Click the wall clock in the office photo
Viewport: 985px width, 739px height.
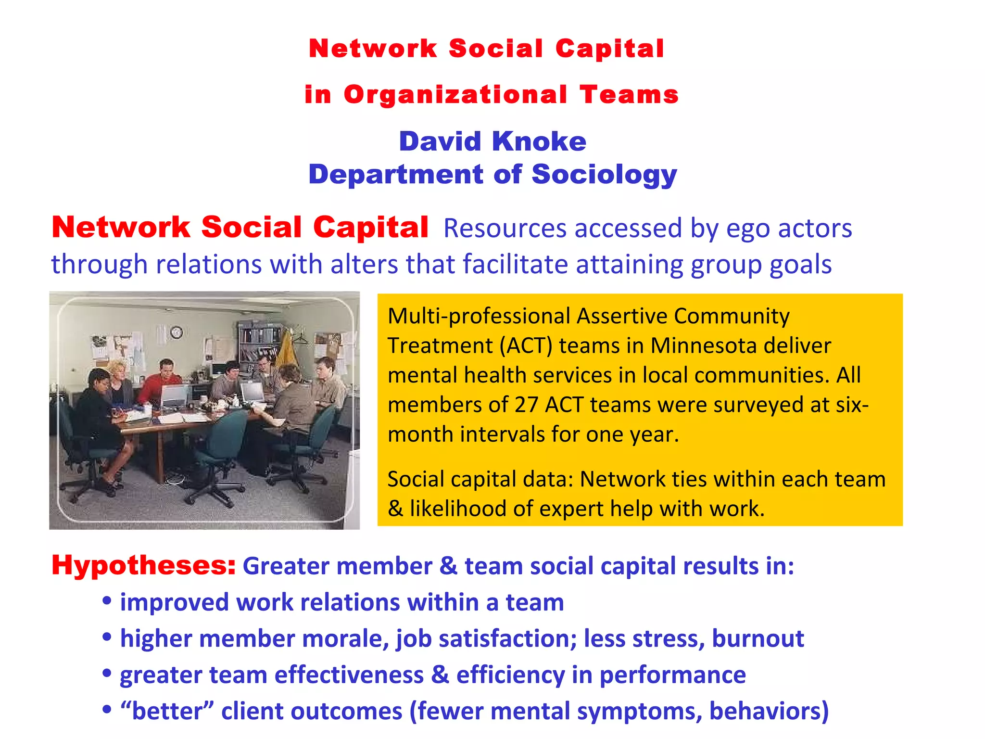pos(176,332)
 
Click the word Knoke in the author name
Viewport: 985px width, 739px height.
pos(539,141)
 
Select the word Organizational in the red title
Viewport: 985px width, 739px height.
pos(455,94)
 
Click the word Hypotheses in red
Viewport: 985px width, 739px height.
pos(143,565)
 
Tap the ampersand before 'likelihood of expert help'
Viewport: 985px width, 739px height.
pos(395,509)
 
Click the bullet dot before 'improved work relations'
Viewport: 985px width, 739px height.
pos(107,601)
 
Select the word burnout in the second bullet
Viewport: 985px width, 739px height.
pos(758,638)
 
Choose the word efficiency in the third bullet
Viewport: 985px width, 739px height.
pos(510,675)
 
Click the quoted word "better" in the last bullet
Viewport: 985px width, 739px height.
pos(167,711)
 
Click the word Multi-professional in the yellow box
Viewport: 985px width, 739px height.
pos(479,316)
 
